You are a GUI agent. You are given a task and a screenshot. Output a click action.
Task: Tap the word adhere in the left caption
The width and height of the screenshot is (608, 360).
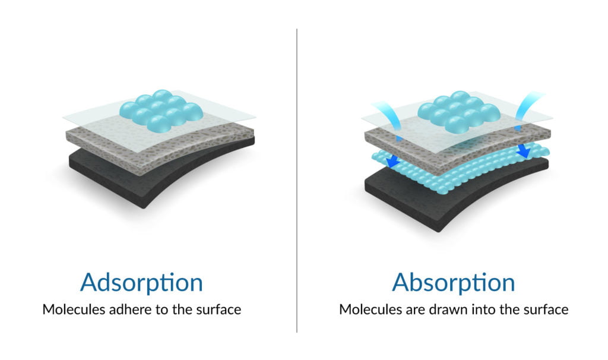[130, 310]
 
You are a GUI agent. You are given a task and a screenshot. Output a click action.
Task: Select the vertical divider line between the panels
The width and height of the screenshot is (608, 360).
[297, 181]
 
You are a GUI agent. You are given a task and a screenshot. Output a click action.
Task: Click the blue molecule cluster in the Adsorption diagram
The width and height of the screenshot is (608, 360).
[161, 110]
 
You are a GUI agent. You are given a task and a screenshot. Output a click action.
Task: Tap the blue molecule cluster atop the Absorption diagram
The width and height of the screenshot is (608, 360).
[459, 111]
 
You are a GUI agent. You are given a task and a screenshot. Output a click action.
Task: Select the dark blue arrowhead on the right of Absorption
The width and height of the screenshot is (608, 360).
[524, 150]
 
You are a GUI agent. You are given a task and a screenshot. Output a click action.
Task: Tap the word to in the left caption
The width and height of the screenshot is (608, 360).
[162, 310]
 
